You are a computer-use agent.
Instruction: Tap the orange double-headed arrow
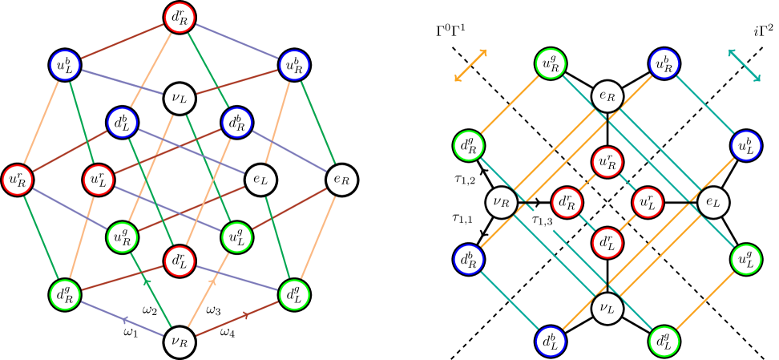(x=470, y=66)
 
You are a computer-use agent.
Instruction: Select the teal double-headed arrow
(x=745, y=65)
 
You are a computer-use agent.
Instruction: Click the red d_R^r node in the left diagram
(x=179, y=16)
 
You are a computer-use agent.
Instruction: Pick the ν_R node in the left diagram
(x=179, y=342)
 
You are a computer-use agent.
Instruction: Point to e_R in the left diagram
(x=342, y=179)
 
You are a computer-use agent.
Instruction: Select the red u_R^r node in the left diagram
(x=16, y=179)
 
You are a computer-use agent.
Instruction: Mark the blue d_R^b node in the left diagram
(x=237, y=123)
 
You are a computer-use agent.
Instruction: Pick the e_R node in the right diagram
(x=607, y=97)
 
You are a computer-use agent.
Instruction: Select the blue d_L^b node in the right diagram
(x=550, y=342)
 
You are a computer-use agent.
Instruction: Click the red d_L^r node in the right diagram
(x=607, y=241)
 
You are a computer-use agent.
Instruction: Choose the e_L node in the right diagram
(x=712, y=202)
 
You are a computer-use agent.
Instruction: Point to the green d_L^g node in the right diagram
(x=664, y=342)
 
